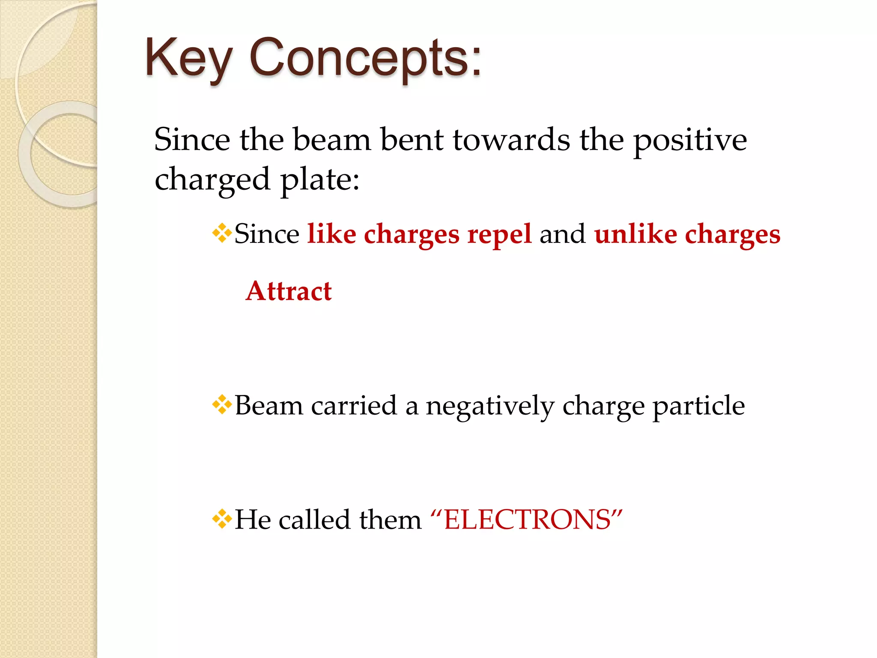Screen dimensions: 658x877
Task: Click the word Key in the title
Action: (x=188, y=58)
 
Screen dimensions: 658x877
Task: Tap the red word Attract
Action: (x=289, y=291)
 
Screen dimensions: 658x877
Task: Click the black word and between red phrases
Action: (x=562, y=234)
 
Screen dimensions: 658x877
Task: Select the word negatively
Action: (x=490, y=406)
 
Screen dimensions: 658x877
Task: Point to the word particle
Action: (x=698, y=406)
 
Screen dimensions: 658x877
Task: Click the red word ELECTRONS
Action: (x=527, y=520)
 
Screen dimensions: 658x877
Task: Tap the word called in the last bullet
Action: (x=315, y=520)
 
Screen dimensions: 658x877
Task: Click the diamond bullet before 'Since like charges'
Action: (x=222, y=233)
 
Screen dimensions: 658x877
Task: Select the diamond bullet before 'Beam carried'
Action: (x=222, y=404)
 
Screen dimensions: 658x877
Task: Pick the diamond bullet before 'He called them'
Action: (x=222, y=519)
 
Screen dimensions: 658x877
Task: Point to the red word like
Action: (x=331, y=234)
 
